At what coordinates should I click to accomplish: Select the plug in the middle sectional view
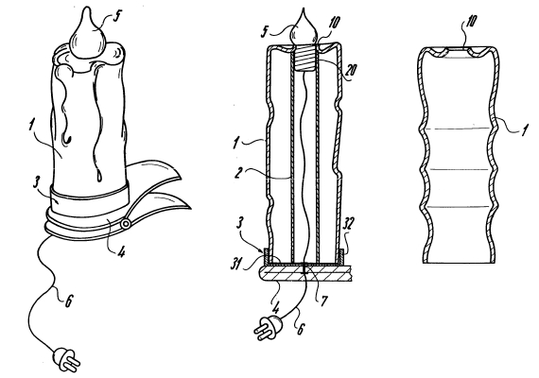(269, 328)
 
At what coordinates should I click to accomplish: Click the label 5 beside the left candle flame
(117, 16)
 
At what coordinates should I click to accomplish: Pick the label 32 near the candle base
(348, 225)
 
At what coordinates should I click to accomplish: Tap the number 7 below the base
(323, 301)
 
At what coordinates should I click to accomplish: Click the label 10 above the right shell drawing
(471, 22)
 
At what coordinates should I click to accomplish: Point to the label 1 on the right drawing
(525, 130)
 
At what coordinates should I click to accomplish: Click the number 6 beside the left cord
(69, 301)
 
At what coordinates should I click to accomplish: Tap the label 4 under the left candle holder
(121, 252)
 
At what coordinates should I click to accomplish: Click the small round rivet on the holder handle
(125, 224)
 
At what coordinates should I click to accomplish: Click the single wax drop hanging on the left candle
(99, 175)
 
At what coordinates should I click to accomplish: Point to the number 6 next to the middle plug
(301, 329)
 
